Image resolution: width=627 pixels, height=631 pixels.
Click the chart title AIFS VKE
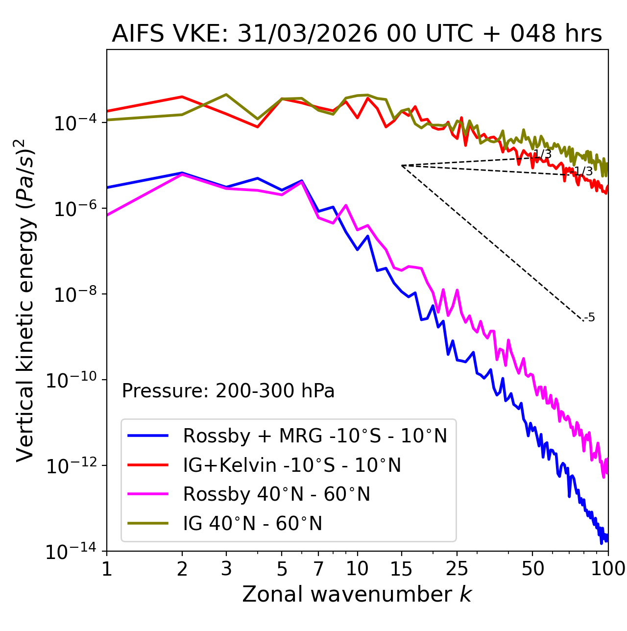pos(357,34)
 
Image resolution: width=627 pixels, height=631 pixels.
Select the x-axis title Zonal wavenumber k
pos(357,594)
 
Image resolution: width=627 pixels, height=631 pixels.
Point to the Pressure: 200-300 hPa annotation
pos(228,391)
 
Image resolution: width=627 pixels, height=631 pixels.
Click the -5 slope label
pos(590,318)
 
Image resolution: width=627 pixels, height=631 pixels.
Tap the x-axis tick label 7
pos(318,569)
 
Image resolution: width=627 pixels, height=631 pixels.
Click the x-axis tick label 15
pos(401,569)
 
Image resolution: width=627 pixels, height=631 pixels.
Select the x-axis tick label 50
pos(532,569)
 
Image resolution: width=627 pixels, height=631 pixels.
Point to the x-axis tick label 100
pos(608,569)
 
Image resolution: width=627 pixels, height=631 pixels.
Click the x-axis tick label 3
pos(226,569)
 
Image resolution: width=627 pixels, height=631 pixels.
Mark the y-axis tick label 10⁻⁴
pos(73,123)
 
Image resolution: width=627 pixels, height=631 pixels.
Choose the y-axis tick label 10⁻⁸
pos(73,294)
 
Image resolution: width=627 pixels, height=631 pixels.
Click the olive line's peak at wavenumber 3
pos(226,94)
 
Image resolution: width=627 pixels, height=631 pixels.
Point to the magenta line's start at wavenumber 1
pos(107,215)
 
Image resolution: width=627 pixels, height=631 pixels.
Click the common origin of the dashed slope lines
pos(402,166)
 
